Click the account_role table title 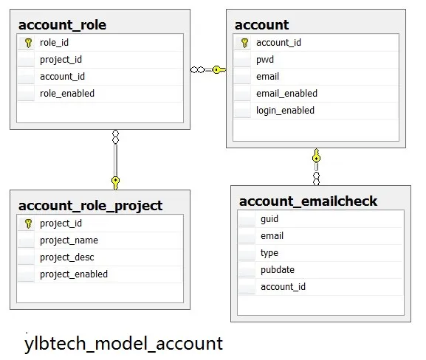(x=62, y=25)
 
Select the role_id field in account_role (x=54, y=43)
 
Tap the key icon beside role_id (x=28, y=43)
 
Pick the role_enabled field (x=67, y=94)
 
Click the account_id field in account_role (x=62, y=77)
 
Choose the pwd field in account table (x=265, y=60)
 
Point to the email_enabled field (x=286, y=94)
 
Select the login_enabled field (x=285, y=111)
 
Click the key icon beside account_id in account (x=244, y=43)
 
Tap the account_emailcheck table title (x=308, y=201)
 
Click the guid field (x=269, y=219)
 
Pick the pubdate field (x=278, y=270)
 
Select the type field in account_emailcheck (x=269, y=253)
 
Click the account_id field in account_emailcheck (x=283, y=287)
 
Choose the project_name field (x=69, y=240)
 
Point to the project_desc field (x=67, y=257)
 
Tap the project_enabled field (x=74, y=274)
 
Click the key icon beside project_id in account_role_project (x=28, y=224)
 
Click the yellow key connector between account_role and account (x=219, y=70)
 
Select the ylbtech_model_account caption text (x=123, y=344)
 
